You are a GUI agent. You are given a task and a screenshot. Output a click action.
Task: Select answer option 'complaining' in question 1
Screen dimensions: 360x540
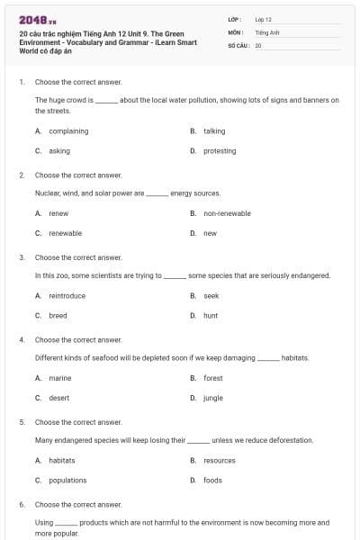pyautogui.click(x=68, y=131)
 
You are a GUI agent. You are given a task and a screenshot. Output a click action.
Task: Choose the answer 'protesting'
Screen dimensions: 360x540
pyautogui.click(x=220, y=151)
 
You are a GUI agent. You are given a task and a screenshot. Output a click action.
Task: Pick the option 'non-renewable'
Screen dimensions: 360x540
pyautogui.click(x=227, y=213)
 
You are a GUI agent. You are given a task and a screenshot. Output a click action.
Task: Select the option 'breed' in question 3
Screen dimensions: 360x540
pyautogui.click(x=58, y=316)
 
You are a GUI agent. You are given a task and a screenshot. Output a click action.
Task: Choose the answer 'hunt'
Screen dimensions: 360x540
pyautogui.click(x=211, y=316)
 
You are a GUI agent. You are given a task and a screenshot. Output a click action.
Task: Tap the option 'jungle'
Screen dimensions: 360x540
pyautogui.click(x=213, y=398)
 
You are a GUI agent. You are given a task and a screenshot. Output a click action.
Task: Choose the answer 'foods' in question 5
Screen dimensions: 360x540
pyautogui.click(x=212, y=480)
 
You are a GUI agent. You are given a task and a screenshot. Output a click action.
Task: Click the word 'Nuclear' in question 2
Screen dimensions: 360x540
pyautogui.click(x=48, y=193)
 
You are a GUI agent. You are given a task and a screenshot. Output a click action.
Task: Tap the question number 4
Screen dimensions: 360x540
pyautogui.click(x=22, y=340)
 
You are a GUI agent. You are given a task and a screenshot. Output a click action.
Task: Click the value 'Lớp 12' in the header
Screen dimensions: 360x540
pyautogui.click(x=263, y=19)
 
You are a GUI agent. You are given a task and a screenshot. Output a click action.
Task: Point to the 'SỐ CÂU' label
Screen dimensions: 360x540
pyautogui.click(x=238, y=44)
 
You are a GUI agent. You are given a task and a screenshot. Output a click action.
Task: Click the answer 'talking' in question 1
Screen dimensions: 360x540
pyautogui.click(x=214, y=131)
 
